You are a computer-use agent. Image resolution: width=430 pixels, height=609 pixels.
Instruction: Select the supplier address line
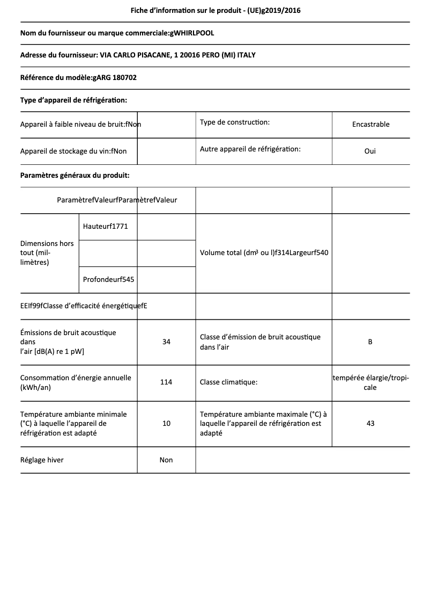[x=142, y=55]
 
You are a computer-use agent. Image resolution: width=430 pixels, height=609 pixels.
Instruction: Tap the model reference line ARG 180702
[x=78, y=77]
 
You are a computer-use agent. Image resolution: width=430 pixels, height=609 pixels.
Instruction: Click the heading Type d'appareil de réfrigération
[x=73, y=100]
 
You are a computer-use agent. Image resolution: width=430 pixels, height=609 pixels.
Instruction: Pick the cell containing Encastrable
[x=370, y=124]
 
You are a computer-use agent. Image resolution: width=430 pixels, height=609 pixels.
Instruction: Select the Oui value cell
[x=370, y=151]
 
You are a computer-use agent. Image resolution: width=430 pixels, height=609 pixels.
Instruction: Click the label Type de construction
[x=235, y=122]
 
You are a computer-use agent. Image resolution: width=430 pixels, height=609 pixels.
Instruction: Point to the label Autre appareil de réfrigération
[x=250, y=149]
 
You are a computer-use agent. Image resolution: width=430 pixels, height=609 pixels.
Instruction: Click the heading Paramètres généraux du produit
[x=75, y=175]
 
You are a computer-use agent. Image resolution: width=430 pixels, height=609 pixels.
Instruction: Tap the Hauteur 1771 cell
[x=106, y=226]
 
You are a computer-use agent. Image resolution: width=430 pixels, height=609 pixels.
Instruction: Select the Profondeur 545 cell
[x=108, y=279]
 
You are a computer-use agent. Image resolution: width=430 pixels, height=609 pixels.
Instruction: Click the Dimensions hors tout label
[x=47, y=253]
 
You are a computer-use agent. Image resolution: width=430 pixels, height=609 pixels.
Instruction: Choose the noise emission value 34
[x=166, y=342]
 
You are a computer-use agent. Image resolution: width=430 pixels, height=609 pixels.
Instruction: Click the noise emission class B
[x=370, y=342]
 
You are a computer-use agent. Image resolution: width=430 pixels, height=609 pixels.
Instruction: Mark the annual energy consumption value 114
[x=166, y=382]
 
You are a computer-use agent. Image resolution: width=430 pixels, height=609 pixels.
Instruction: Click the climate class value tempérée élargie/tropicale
[x=370, y=382]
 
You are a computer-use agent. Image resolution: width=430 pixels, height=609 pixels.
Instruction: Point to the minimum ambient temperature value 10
[x=166, y=423]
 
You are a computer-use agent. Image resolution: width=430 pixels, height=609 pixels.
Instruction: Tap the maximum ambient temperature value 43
[x=370, y=423]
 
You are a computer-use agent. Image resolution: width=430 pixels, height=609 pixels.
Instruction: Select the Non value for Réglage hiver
[x=166, y=460]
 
